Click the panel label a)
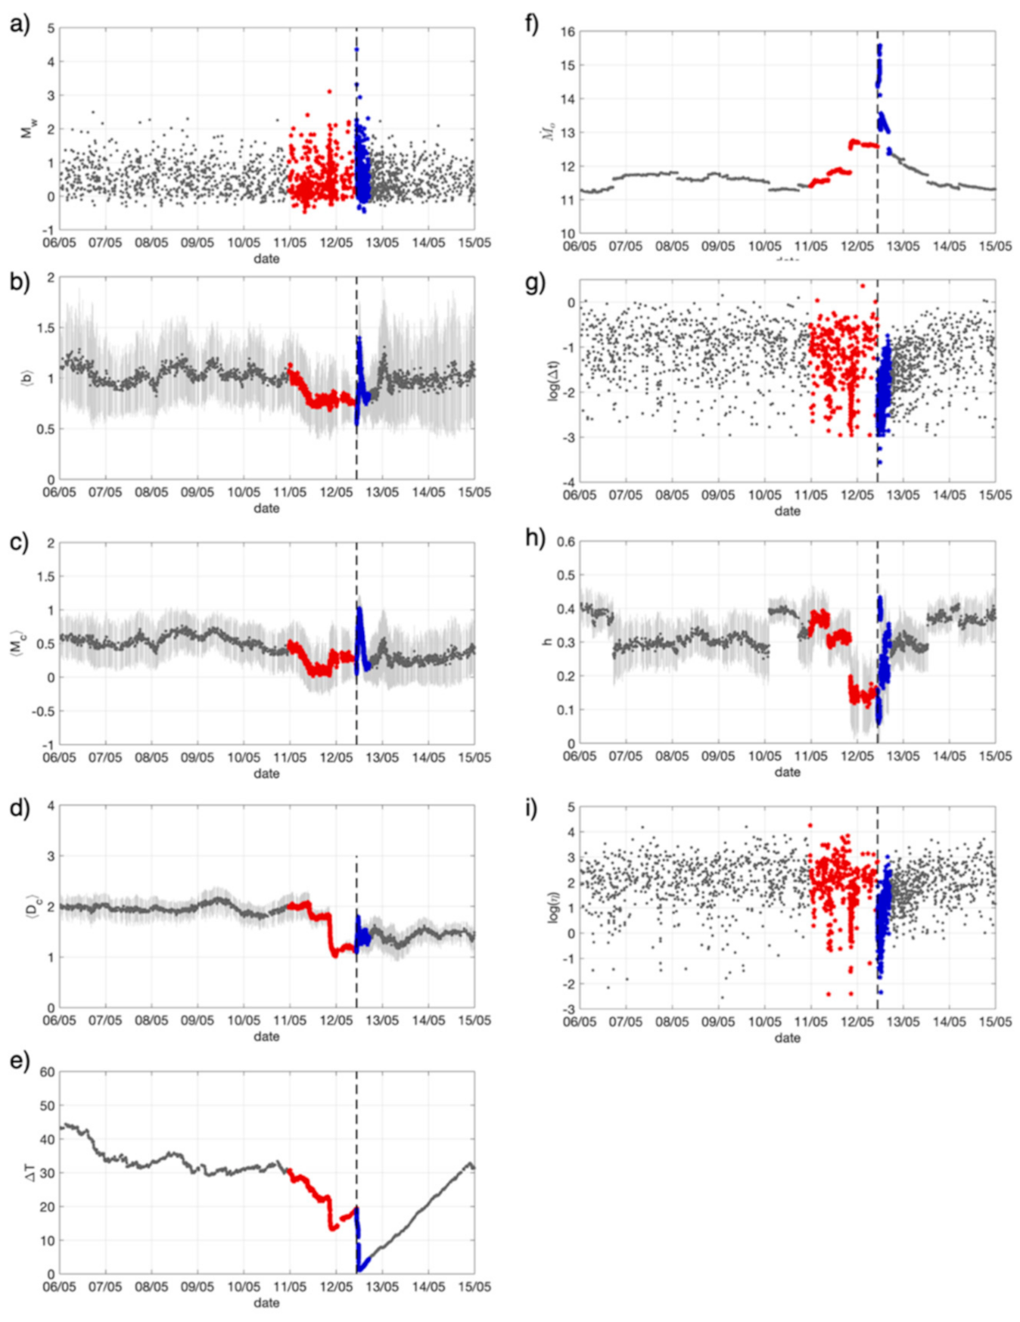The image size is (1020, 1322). tap(20, 25)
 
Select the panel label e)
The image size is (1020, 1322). tap(20, 1061)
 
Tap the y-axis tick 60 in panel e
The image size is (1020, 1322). tap(47, 1072)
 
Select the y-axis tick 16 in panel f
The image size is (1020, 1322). tap(567, 32)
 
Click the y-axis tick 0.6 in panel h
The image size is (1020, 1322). tap(565, 542)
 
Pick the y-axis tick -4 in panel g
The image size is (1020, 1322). tap(568, 482)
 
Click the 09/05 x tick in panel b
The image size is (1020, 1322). tap(197, 492)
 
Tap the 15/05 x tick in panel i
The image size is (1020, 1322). tap(995, 1022)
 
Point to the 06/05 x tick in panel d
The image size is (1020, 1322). tap(59, 1020)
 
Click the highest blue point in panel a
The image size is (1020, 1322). tap(356, 50)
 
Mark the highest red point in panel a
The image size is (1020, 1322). tap(329, 92)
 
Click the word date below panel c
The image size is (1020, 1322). tap(266, 774)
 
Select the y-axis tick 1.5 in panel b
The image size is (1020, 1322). tap(47, 328)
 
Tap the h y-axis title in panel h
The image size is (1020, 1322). tap(548, 642)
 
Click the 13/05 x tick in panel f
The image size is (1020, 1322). tap(903, 247)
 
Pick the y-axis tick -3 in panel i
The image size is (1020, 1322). tap(568, 1009)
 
